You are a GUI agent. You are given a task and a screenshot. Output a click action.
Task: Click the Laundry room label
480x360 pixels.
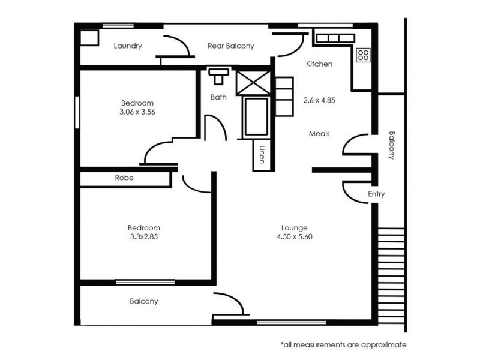[x=128, y=46]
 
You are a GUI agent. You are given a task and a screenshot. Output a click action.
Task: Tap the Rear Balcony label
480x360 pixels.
[x=231, y=46]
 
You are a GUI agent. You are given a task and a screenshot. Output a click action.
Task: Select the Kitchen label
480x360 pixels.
[x=319, y=64]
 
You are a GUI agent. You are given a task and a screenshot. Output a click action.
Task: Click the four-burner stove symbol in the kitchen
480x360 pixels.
[x=363, y=56]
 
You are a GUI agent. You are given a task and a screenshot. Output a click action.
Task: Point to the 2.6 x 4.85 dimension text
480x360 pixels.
[x=319, y=101]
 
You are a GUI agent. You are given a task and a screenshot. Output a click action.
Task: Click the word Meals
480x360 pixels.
[x=319, y=134]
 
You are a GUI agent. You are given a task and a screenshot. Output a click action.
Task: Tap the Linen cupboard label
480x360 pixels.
[x=262, y=155]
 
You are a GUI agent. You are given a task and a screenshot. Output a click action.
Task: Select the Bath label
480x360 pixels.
[x=218, y=97]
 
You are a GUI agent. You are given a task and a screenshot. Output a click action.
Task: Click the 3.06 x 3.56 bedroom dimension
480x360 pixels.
[x=137, y=112]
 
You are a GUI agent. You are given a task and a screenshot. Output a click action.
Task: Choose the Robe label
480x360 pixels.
[x=124, y=178]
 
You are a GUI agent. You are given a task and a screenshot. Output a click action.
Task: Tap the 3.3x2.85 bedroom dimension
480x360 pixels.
[x=144, y=236]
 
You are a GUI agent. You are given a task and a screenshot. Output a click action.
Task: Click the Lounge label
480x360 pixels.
[x=294, y=228]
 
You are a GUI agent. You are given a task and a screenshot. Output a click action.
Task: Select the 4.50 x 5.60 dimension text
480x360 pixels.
[x=294, y=236]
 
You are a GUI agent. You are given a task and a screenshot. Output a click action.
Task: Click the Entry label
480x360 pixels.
[x=376, y=194]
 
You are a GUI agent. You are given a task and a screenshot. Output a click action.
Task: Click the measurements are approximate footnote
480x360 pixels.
[x=343, y=345]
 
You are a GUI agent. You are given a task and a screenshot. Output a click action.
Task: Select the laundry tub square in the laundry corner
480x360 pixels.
[x=89, y=37]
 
